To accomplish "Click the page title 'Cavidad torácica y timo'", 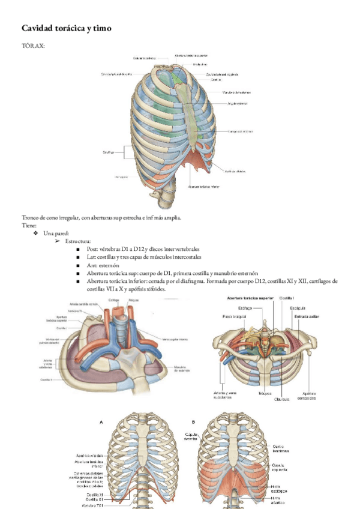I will click(67, 28).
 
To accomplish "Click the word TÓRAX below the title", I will click(33, 46).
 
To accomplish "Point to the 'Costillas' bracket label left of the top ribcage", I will click(109, 152).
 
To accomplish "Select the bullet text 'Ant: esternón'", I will click(103, 265).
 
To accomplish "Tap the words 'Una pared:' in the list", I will click(56, 233).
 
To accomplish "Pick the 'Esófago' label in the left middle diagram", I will click(113, 300).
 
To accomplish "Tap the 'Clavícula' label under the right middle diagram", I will click(283, 399).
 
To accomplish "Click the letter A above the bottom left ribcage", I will click(101, 422).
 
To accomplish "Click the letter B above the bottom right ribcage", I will click(193, 422).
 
